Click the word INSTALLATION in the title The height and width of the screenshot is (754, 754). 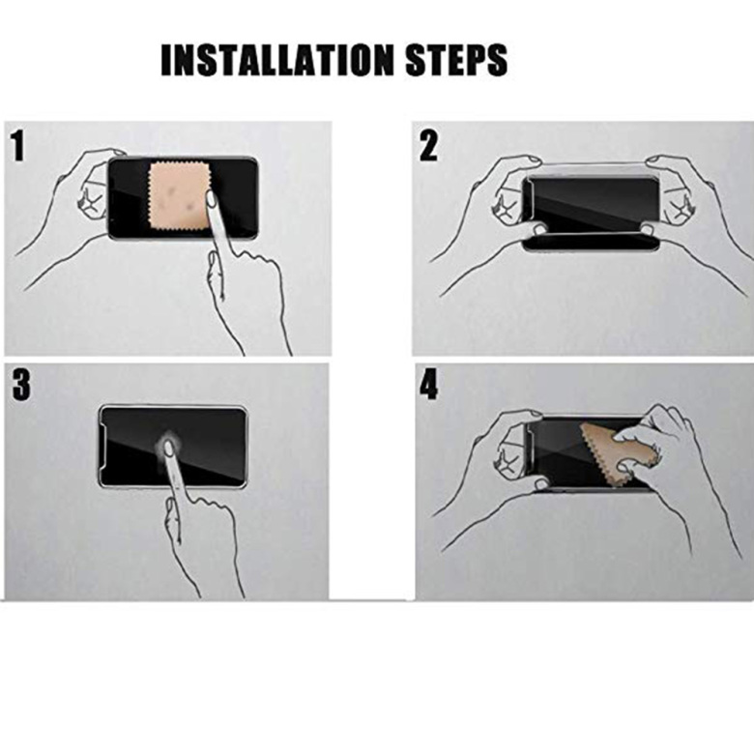[277, 60]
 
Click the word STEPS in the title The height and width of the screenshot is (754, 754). [456, 60]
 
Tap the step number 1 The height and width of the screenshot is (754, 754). [17, 146]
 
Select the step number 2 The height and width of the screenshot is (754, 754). [428, 146]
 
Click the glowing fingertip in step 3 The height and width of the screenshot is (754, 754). [168, 448]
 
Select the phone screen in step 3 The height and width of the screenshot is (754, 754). [173, 447]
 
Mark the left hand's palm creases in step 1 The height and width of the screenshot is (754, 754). [90, 199]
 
